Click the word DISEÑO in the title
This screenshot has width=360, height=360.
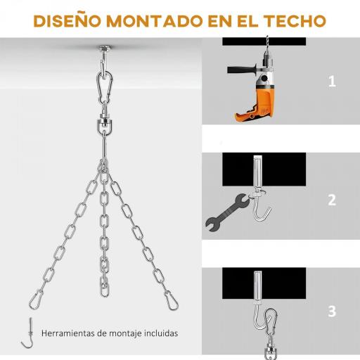[x=67, y=20]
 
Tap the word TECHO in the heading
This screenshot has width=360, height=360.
[x=295, y=21]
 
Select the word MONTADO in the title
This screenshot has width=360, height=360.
[x=155, y=21]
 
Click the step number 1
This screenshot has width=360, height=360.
[x=332, y=82]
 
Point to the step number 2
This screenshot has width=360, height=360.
[x=332, y=200]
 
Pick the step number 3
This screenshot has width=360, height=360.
[x=332, y=311]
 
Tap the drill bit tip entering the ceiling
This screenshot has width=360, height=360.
[x=267, y=37]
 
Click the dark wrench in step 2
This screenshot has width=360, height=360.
[x=226, y=213]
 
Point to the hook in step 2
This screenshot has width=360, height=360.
[x=262, y=211]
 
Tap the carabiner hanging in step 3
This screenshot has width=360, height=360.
[x=271, y=324]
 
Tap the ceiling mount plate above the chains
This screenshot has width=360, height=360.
[x=104, y=49]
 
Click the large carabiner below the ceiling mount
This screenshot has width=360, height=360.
[x=105, y=88]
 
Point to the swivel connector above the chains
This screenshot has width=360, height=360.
[x=104, y=123]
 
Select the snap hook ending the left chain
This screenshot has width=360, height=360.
[x=36, y=300]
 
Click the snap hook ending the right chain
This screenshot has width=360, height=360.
[x=171, y=300]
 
